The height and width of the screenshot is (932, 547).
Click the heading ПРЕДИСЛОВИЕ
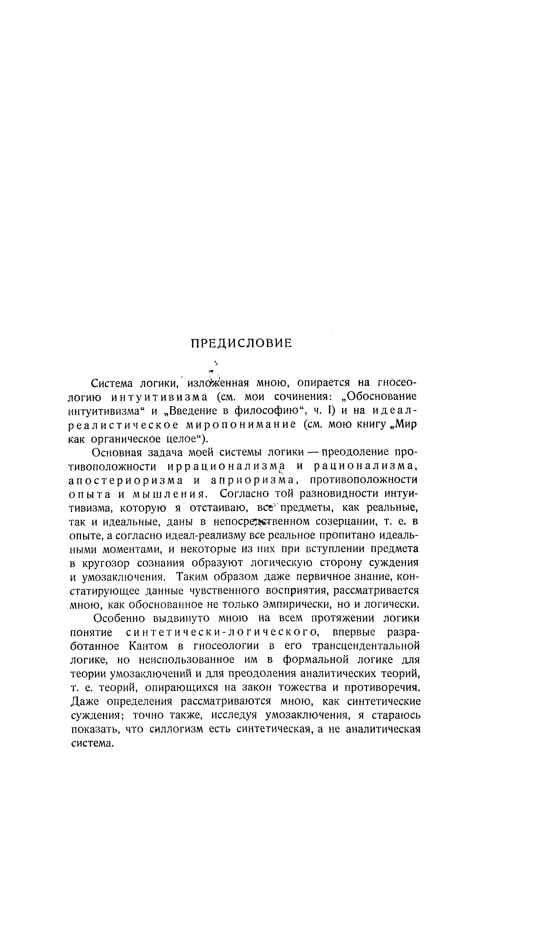[241, 343]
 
